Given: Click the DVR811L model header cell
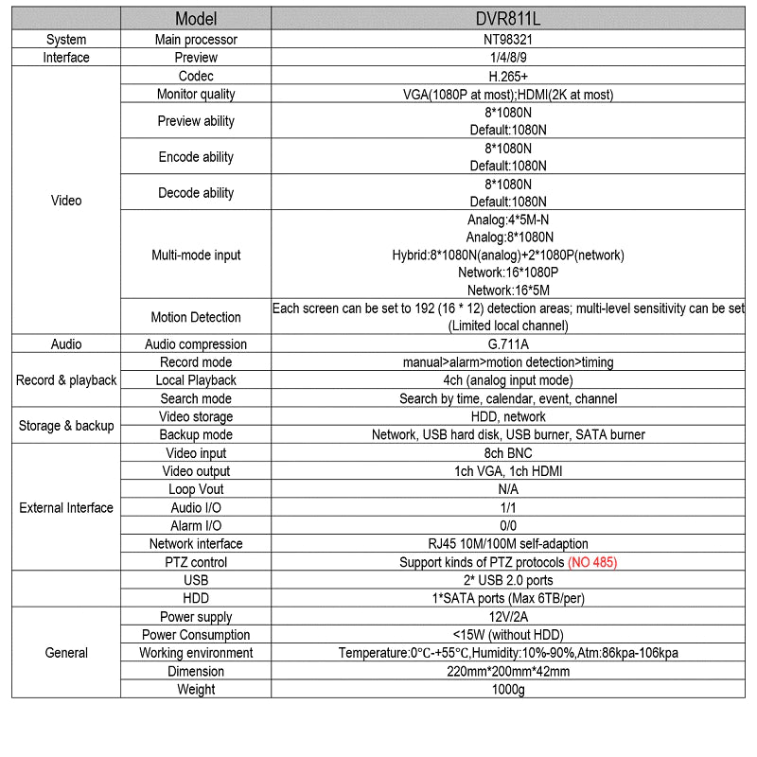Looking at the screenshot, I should coord(508,19).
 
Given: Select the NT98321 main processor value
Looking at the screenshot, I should coord(508,40).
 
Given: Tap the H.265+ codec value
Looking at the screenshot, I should coord(508,76).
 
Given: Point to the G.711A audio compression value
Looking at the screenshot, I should coord(508,344).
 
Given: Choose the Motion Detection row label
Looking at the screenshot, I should coord(196,317).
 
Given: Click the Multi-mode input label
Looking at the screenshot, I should coord(196,255).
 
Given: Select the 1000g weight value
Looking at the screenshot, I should coord(508,690).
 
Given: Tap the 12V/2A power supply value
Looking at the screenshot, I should coord(508,617).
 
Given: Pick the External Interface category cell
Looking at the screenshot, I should coord(66,508).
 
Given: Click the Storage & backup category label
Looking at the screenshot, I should coord(66,426).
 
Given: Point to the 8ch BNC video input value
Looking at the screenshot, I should coord(508,453).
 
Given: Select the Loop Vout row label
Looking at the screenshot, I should coord(196,489).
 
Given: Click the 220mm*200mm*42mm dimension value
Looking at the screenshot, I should coord(508,672).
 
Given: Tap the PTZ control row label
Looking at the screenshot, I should coord(196,562).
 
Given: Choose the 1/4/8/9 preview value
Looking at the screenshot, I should coord(508,58).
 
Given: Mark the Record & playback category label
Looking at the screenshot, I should coord(66,380).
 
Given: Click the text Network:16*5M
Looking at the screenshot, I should coord(508,290).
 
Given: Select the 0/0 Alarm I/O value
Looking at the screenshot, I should coord(508,526).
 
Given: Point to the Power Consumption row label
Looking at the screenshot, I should coord(196,635).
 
